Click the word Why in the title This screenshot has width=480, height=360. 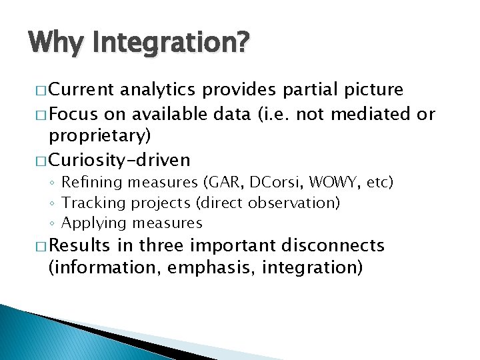[x=56, y=43]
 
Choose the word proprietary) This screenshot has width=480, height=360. [x=100, y=136]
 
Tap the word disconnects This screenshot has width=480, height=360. [x=333, y=245]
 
